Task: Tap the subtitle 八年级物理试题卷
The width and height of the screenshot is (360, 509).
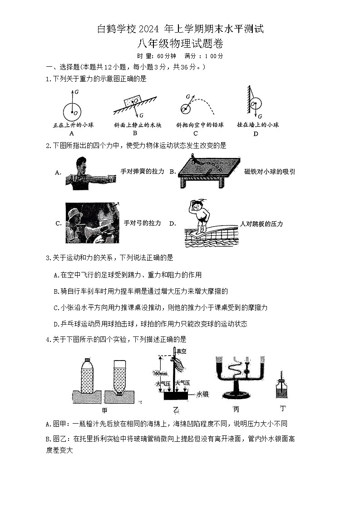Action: pos(180,44)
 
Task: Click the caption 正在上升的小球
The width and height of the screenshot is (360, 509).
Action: pos(71,125)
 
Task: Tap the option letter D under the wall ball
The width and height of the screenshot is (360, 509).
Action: pos(256,133)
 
